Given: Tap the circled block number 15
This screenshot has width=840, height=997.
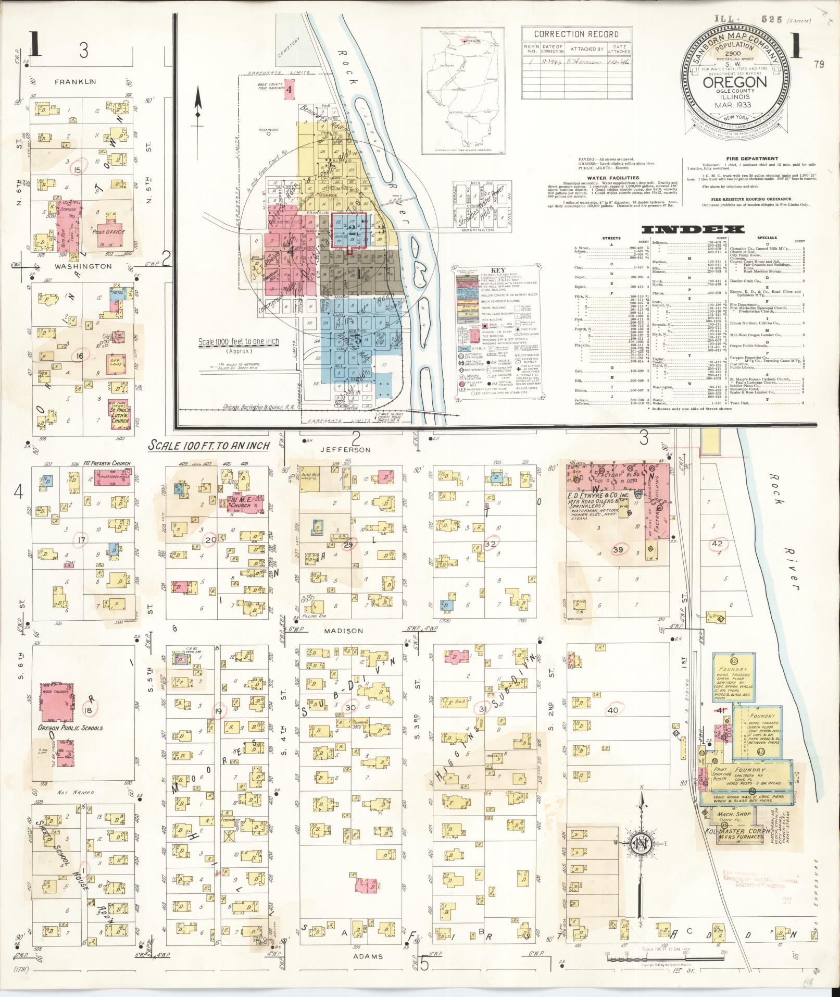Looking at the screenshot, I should coord(78,170).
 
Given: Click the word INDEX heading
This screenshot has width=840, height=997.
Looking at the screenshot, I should coord(692,230).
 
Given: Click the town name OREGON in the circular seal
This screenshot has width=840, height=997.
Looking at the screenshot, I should coord(735,82).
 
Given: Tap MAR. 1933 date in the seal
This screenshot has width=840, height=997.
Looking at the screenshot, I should coord(735,105).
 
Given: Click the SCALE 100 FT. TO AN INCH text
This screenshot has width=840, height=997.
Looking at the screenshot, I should coord(208,446).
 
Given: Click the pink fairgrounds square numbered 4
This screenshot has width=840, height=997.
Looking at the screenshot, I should coord(290,89).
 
